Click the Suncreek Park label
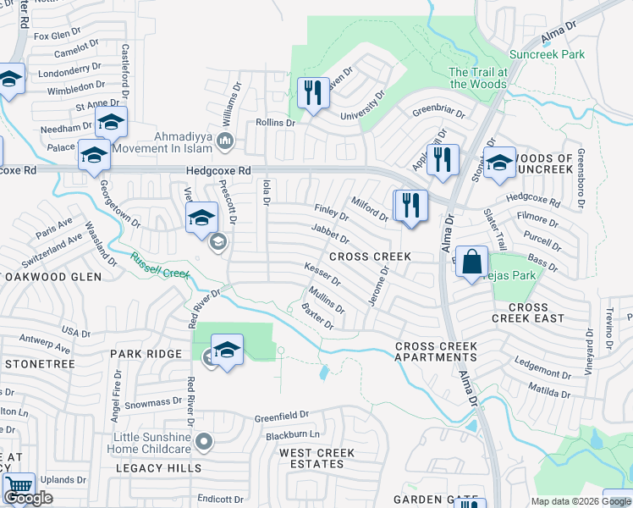(x=547, y=54)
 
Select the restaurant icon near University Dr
(x=314, y=94)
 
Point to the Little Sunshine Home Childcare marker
(x=203, y=441)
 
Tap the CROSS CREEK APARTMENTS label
(x=437, y=352)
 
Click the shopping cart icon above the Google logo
(x=18, y=488)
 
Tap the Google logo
(x=28, y=498)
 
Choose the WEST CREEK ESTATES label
(x=317, y=459)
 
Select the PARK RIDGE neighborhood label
(x=145, y=354)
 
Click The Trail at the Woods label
(x=478, y=78)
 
